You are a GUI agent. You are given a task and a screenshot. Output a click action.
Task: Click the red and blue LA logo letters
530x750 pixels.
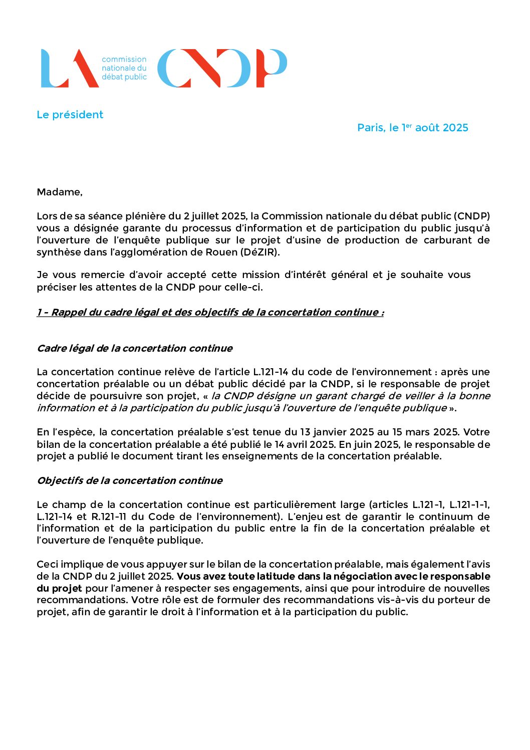(x=69, y=69)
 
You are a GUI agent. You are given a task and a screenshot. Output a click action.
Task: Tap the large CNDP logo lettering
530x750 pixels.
(x=222, y=69)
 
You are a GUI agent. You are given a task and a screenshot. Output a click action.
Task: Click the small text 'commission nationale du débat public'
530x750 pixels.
(x=124, y=68)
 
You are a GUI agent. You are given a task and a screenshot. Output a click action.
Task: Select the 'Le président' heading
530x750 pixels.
(x=70, y=115)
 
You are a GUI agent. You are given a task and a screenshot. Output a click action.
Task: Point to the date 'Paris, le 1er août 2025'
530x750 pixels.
(x=413, y=128)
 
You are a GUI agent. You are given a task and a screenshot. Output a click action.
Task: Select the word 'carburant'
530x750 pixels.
(x=448, y=240)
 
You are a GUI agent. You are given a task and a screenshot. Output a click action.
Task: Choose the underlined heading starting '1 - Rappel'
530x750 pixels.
(x=210, y=312)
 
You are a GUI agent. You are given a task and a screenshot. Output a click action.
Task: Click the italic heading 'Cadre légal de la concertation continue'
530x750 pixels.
(x=135, y=348)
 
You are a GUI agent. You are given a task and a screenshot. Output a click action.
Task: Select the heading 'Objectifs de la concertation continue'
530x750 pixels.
(x=130, y=480)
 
